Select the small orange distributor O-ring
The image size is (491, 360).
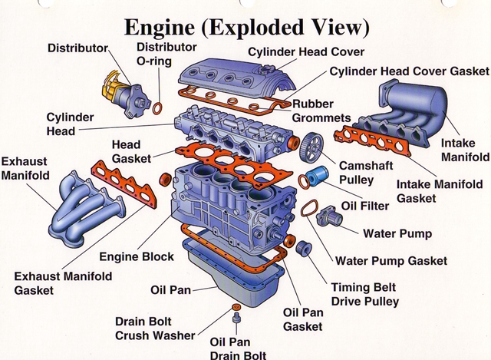[157, 106]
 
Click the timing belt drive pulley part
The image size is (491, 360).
[302, 248]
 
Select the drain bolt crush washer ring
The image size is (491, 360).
[235, 306]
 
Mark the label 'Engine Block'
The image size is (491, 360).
[137, 256]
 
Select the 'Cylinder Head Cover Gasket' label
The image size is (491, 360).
[409, 71]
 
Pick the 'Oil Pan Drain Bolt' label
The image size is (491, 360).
[238, 348]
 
